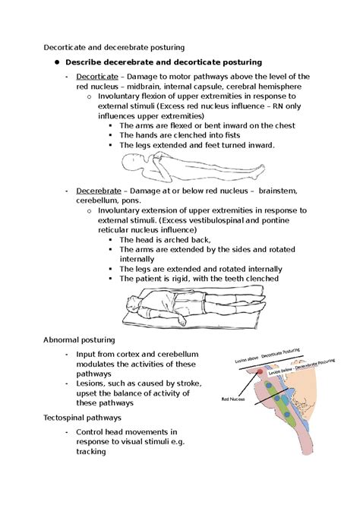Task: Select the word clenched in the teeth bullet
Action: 257,278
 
